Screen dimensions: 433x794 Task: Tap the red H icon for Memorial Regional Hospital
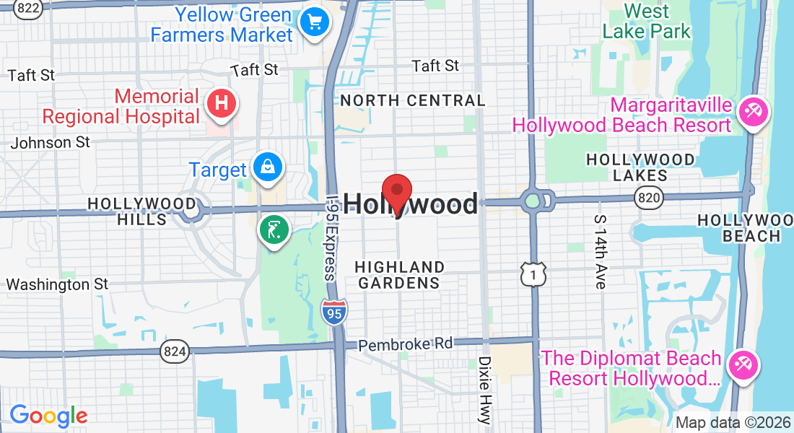pos(222,104)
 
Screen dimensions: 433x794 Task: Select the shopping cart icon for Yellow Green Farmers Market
pos(315,23)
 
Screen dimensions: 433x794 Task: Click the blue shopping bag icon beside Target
pos(268,168)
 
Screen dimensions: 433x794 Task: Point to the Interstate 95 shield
pos(333,312)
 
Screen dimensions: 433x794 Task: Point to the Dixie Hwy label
pos(484,389)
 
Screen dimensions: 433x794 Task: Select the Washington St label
pos(57,284)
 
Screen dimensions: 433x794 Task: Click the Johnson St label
pos(51,142)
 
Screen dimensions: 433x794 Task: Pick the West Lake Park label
pos(647,21)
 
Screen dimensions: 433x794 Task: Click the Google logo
pos(48,416)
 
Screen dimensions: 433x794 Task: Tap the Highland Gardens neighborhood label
pos(400,275)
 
